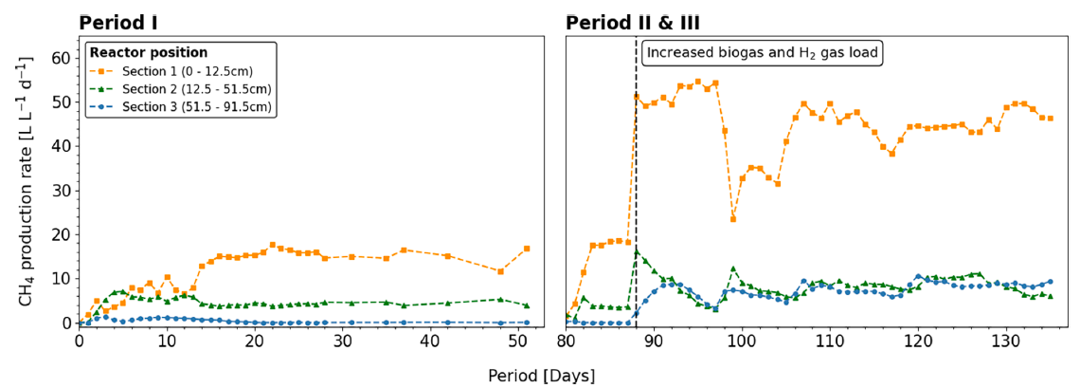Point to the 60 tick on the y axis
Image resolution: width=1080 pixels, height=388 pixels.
tap(62, 58)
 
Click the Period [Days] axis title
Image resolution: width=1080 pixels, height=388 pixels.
tap(541, 376)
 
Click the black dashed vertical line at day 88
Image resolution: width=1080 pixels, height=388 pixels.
tap(636, 190)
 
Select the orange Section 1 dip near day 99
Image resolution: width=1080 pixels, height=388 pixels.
tap(733, 219)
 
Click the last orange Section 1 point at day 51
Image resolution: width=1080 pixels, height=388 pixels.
tap(527, 249)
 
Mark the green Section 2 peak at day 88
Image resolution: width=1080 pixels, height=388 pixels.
tap(637, 250)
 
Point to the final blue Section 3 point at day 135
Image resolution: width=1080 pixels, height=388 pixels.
tap(1050, 281)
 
